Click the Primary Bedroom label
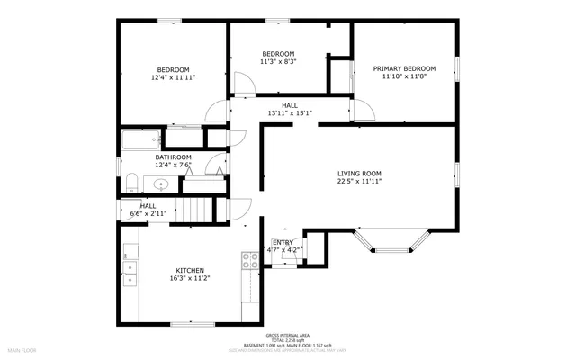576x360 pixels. coord(404,68)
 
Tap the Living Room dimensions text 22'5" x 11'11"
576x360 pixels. coord(359,182)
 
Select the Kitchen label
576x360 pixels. coord(189,270)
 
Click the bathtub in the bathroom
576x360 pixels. coord(141,139)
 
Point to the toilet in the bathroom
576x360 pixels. coord(129,184)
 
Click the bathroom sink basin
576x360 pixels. coord(161,184)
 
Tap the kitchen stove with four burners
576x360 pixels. coord(250,261)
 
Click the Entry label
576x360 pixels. coord(283,242)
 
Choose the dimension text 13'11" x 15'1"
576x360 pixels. coord(289,113)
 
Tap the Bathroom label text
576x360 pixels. coord(148,157)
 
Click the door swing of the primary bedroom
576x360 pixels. coord(363,111)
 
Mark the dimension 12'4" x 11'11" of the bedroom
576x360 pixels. coord(174,78)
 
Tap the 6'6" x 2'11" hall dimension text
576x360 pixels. coord(148,213)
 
